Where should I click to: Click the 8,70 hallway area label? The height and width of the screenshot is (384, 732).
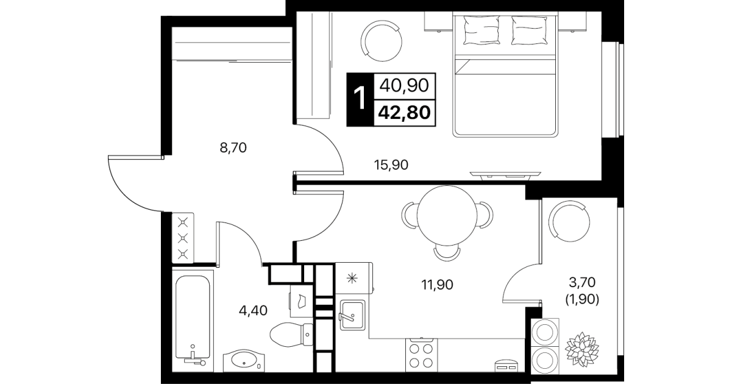(x=233, y=148)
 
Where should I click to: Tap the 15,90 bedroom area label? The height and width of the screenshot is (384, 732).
(x=391, y=165)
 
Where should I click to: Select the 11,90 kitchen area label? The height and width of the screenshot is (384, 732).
(x=437, y=285)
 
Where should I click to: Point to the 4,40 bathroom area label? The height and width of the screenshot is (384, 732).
(x=254, y=310)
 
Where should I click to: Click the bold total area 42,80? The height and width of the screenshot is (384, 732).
(x=404, y=113)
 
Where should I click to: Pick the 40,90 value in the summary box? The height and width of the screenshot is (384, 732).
(x=404, y=85)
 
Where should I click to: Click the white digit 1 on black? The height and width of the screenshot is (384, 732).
(x=360, y=99)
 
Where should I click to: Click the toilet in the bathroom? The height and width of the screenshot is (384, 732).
(x=291, y=334)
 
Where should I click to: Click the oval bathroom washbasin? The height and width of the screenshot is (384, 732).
(x=244, y=360)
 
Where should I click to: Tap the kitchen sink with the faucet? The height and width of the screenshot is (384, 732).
(x=352, y=315)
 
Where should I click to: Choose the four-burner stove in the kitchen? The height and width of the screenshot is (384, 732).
(x=421, y=355)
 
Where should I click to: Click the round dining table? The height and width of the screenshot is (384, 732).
(x=447, y=216)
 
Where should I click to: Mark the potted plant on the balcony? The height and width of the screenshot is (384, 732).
(x=582, y=349)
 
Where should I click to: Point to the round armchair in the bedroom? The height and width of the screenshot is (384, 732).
(x=382, y=41)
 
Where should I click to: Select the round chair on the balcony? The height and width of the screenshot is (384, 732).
(x=569, y=221)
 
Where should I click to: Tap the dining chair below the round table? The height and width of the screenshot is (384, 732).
(x=447, y=254)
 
